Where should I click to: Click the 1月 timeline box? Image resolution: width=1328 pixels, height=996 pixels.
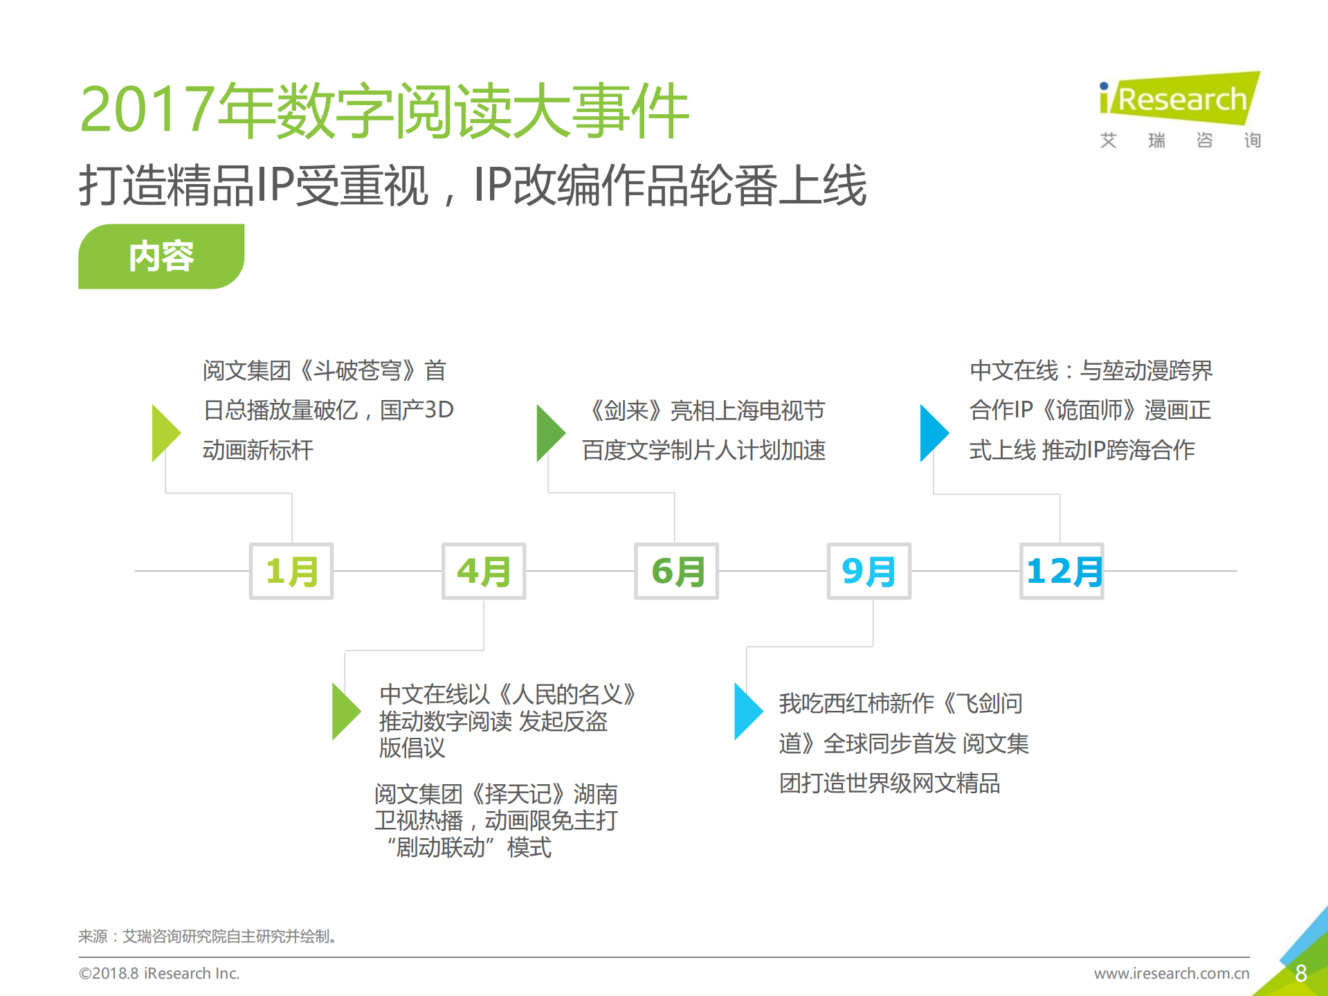coord(291,571)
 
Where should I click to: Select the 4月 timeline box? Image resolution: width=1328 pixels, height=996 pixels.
coord(484,571)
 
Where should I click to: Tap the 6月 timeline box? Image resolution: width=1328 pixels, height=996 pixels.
coord(676,571)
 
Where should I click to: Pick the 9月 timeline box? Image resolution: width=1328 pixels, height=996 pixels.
coord(868,571)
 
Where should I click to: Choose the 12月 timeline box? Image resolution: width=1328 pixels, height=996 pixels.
coord(1062,571)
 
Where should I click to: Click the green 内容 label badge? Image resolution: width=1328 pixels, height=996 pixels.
coord(161,256)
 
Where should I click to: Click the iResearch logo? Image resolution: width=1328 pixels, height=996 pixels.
coord(1180,100)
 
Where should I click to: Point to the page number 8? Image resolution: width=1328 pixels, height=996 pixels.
coord(1300,973)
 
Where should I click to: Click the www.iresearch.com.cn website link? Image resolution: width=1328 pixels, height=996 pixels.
coord(1171,973)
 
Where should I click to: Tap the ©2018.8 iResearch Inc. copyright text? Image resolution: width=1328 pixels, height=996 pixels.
coord(159,973)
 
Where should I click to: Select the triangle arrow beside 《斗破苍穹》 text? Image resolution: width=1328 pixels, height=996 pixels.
coord(165,433)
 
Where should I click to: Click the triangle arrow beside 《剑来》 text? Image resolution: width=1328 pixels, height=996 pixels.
coord(549,433)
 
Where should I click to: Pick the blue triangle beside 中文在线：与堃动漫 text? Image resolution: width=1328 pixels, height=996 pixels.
coord(933,433)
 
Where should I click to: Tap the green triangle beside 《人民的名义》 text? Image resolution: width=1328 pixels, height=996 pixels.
coord(345,712)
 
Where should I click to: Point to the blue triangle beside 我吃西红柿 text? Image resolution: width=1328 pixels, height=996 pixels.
coord(747,712)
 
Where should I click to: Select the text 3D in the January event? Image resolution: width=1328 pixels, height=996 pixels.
coord(439,410)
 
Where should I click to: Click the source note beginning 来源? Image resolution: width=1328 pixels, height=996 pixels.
coord(208,936)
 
